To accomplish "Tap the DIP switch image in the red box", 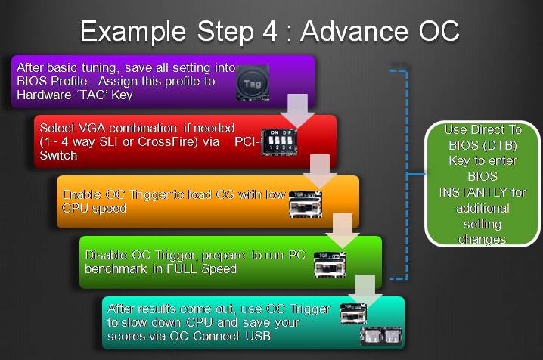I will (279, 142).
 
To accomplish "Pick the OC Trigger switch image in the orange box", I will (306, 205).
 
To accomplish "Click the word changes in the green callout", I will (482, 240).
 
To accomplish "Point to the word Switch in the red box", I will (58, 156).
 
